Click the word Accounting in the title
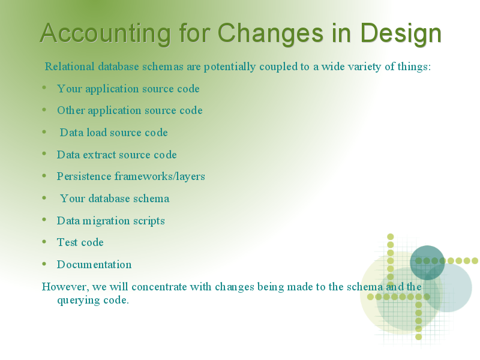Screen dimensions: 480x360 (x=106, y=34)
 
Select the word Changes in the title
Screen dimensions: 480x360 (x=271, y=33)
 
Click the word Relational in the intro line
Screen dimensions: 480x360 (x=70, y=67)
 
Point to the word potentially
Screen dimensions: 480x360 (x=230, y=67)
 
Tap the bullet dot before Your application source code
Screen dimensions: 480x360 (x=44, y=88)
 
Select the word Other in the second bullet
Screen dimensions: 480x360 (x=71, y=110)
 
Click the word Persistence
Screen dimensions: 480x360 (x=84, y=176)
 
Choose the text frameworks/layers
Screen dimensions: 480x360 (x=160, y=176)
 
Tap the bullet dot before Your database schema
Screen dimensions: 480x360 (x=44, y=198)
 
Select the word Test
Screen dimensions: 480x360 (x=67, y=242)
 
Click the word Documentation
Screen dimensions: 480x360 (x=94, y=265)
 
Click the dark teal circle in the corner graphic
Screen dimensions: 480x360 (x=427, y=263)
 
